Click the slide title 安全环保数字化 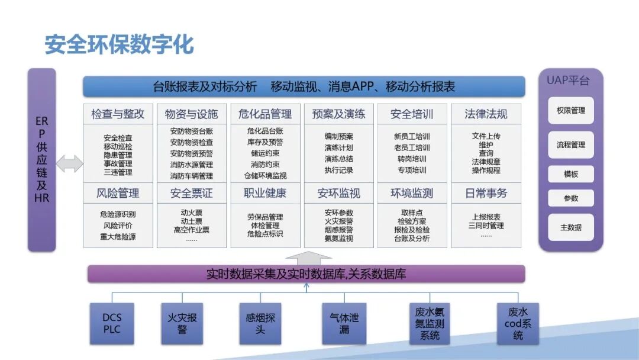(x=120, y=44)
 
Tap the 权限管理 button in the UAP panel (x=570, y=111)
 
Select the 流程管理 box (x=570, y=144)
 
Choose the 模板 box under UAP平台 (x=570, y=174)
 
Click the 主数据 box (x=570, y=227)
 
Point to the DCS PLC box (x=112, y=323)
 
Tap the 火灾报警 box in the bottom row (x=182, y=323)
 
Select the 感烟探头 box (x=260, y=323)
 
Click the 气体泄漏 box (x=344, y=323)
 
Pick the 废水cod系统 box (x=518, y=323)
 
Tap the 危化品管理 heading (x=265, y=114)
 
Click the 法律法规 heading (x=486, y=114)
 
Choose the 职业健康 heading (x=265, y=193)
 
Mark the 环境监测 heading (x=412, y=193)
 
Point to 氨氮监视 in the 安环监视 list (x=338, y=239)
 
